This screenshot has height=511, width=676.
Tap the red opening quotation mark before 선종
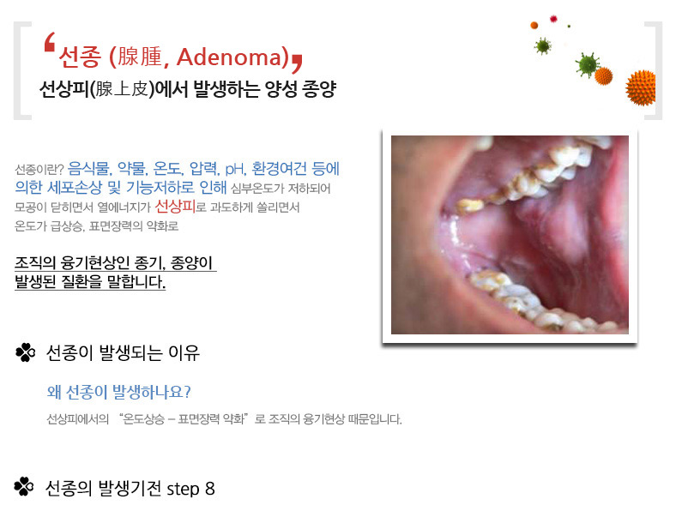click(50, 42)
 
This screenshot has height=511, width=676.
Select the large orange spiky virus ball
click(641, 88)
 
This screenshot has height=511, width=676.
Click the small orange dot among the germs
click(534, 26)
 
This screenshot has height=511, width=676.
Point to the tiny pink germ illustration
click(553, 19)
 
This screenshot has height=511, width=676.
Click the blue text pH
click(234, 168)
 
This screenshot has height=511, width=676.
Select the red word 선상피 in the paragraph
click(175, 207)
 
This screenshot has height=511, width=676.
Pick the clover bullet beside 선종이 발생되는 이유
click(26, 352)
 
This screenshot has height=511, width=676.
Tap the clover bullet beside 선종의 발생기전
click(24, 487)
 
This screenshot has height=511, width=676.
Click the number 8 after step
click(210, 489)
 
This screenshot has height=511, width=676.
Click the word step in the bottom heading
click(183, 490)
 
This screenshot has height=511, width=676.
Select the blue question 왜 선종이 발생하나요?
click(118, 392)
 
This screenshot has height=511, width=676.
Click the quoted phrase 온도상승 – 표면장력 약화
click(184, 418)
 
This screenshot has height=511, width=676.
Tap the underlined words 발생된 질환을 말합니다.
click(90, 281)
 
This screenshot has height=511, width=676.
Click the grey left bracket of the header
click(22, 70)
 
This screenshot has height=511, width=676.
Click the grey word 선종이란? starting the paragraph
click(39, 169)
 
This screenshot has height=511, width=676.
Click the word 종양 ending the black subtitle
click(319, 89)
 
